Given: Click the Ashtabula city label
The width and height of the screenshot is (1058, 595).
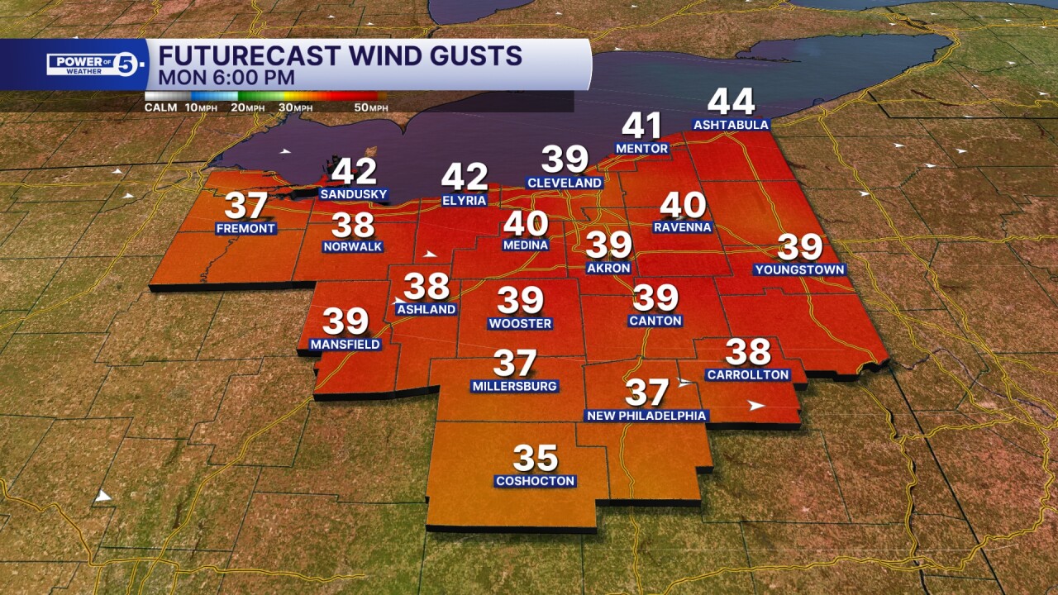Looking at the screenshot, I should coord(731,126).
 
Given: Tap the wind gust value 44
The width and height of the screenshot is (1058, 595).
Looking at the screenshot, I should coord(732,102).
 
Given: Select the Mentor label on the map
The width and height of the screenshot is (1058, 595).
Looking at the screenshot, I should coord(641,149).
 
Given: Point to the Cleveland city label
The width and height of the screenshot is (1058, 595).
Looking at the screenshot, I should coord(565,183).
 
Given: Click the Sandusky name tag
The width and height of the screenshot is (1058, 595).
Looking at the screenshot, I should coord(353,194).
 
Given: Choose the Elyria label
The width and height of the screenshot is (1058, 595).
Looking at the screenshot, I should coord(464,200).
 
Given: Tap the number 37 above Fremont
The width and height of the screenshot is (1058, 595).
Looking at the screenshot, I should coord(245,205).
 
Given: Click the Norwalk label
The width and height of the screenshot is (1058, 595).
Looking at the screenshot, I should coord(353,246).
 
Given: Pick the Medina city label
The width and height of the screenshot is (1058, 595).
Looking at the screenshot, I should coord(526,245).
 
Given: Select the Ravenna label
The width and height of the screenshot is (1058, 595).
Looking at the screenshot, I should coord(682,226).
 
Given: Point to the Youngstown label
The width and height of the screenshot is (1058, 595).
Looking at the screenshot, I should coord(799,269).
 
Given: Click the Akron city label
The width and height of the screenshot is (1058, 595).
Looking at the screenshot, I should coord(608,268).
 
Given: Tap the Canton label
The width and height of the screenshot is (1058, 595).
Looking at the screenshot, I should coord(655,321).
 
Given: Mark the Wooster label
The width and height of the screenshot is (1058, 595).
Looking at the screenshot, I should coord(520,324).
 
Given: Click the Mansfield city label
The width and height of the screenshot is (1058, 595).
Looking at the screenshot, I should coord(345,344).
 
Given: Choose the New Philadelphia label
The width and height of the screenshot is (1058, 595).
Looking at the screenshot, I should coord(646,416).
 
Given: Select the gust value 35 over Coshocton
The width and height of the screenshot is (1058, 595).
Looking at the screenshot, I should coord(536,458).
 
